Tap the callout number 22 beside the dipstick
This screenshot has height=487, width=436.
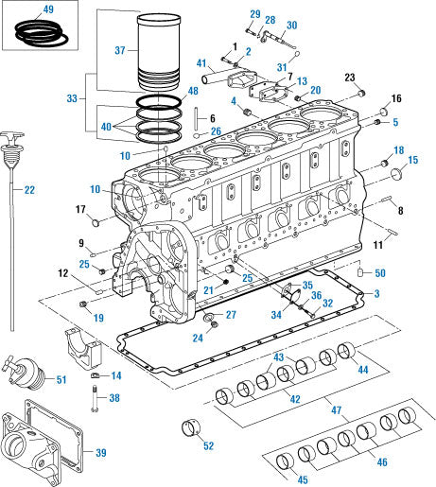point(29,190)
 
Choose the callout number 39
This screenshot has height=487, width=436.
point(101,452)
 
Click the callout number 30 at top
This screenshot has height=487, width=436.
point(290,26)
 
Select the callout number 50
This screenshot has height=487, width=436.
point(379,273)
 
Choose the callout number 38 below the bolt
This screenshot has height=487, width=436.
point(114,399)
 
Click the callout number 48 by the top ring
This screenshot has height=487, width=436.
point(192,92)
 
